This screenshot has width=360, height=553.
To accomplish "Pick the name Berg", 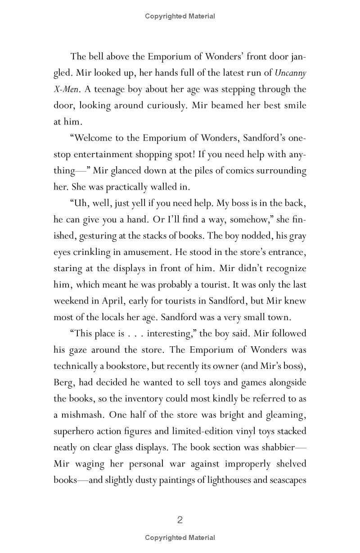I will [63, 382].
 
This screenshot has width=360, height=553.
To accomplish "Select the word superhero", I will [74, 431].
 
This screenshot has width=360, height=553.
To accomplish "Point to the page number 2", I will [180, 520].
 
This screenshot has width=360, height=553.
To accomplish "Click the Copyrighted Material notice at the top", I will [180, 16].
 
